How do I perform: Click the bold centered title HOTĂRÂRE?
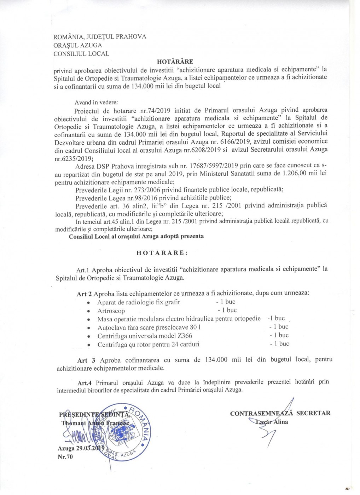tap(175, 62)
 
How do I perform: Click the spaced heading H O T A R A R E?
tap(162, 253)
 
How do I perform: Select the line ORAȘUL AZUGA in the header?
tap(77, 45)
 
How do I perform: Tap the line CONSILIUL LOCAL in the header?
tap(81, 54)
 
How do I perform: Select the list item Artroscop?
tap(111, 311)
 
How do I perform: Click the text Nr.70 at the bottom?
tap(65, 457)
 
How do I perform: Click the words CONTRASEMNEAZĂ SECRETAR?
tap(280, 413)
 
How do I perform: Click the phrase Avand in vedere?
tap(96, 103)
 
